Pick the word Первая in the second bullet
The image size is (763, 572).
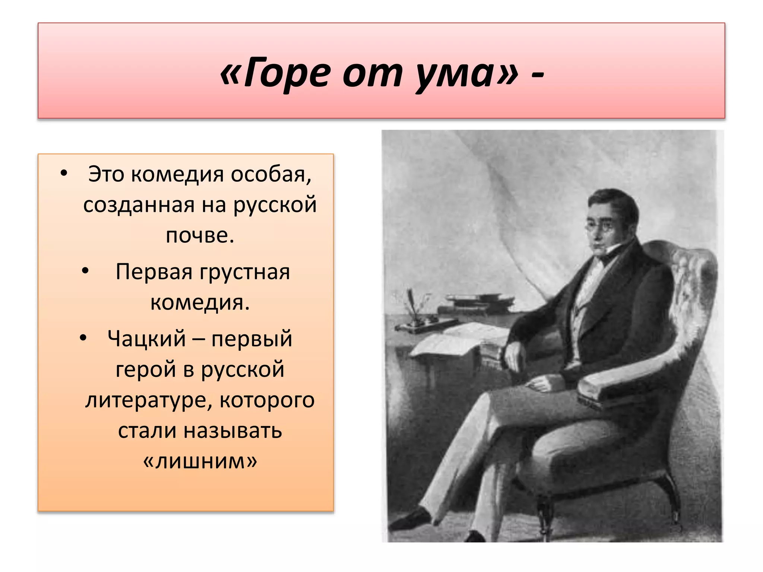(x=154, y=271)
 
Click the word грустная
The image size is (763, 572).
(x=245, y=272)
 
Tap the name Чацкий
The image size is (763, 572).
(x=146, y=339)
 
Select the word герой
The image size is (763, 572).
(x=146, y=369)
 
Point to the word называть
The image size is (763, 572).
(x=233, y=431)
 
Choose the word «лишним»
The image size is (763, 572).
(x=200, y=461)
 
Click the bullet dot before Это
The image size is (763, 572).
(x=64, y=173)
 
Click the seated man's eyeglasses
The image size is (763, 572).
(x=598, y=226)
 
